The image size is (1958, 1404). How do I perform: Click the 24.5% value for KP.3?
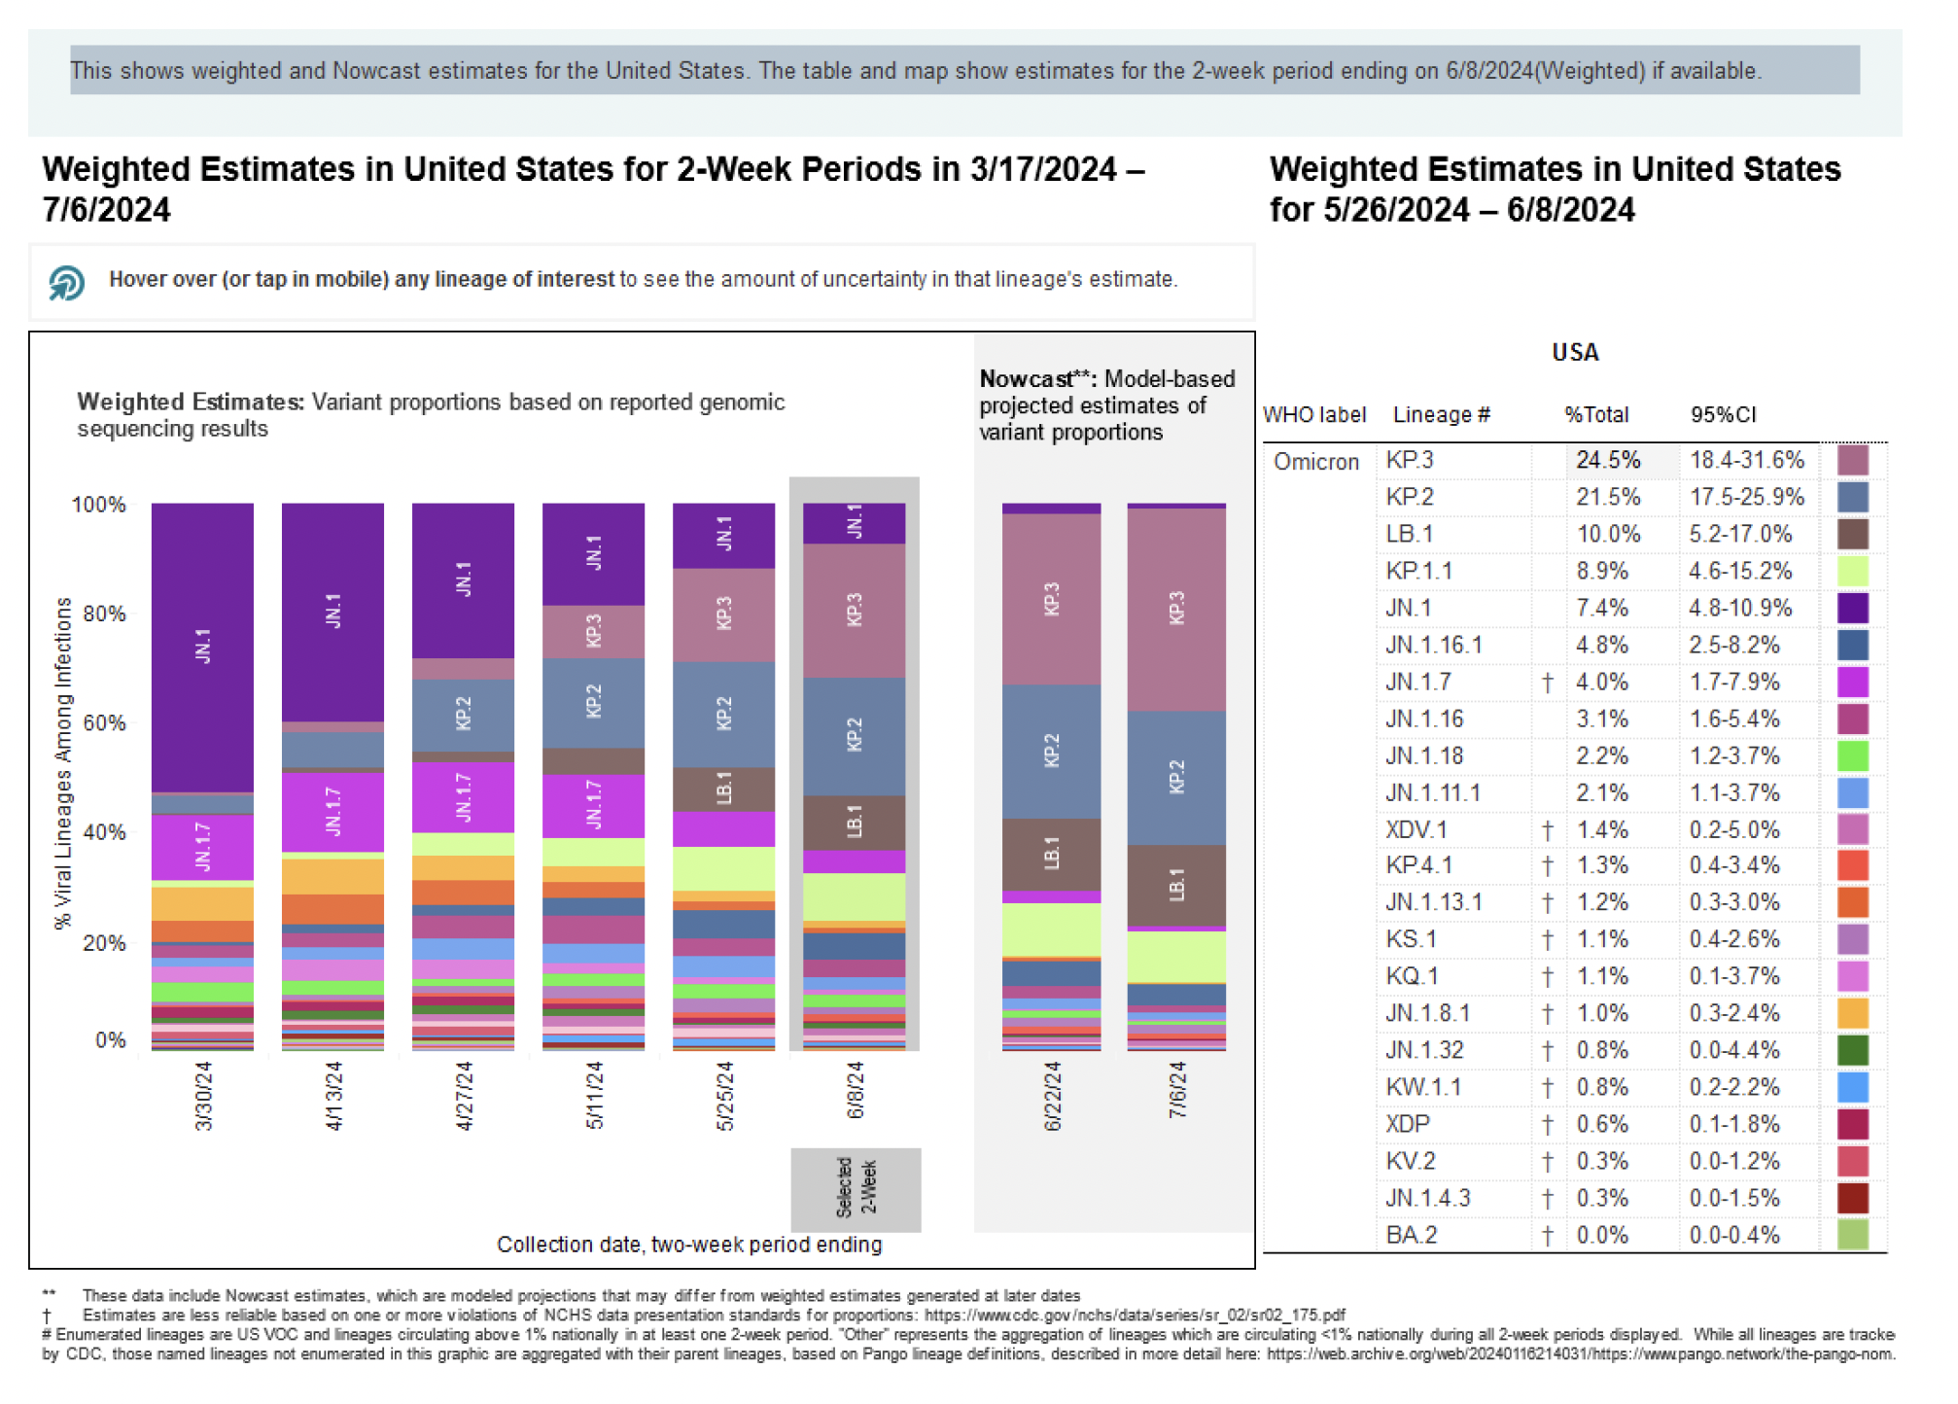1608,460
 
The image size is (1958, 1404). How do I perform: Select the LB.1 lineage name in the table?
1410,534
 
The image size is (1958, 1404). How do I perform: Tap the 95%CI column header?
1723,415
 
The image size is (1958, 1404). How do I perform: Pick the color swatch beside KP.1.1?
1853,571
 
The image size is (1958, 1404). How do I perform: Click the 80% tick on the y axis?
104,614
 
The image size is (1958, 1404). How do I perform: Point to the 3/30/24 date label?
203,1096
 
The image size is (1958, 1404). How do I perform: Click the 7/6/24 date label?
1177,1090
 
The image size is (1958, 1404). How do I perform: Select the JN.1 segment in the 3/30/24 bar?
202,647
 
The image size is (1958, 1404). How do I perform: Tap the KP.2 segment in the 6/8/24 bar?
855,736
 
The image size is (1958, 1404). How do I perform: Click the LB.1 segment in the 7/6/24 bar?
1176,885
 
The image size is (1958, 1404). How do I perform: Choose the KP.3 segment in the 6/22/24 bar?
1051,599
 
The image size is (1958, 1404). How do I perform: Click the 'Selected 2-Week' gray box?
856,1189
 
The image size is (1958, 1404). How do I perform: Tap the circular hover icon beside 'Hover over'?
66,283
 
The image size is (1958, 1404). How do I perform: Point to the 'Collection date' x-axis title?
689,1245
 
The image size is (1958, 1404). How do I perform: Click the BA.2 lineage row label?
1411,1235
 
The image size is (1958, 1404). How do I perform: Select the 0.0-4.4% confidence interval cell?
1734,1050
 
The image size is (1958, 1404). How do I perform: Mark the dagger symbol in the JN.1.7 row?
1548,683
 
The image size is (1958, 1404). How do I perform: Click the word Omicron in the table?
1316,462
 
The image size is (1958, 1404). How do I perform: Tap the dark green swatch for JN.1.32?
1853,1050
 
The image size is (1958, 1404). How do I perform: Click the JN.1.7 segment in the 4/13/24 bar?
332,811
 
